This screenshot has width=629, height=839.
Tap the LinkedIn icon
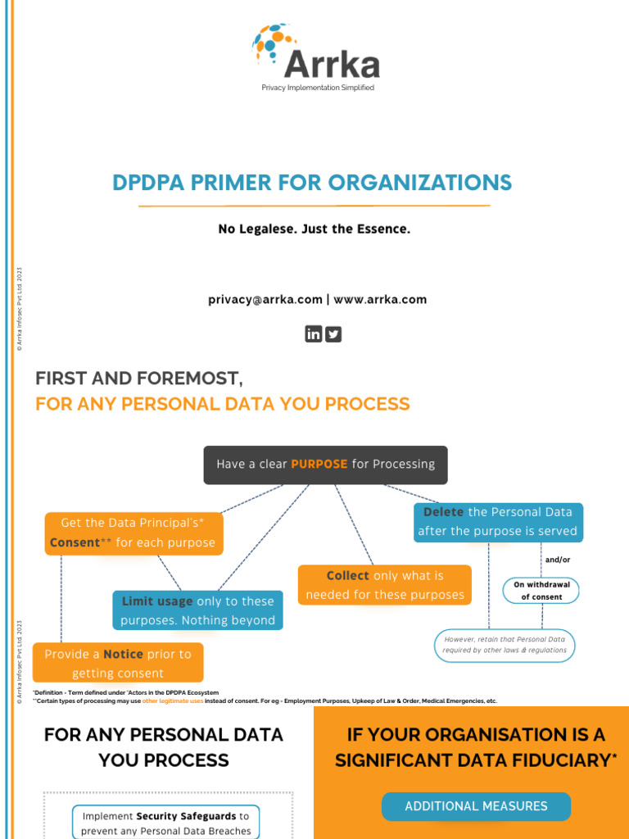pos(314,333)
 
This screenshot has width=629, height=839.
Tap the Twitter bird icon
pos(333,333)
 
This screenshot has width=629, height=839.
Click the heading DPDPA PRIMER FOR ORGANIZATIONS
pos(312,182)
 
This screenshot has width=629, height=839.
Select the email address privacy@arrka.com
pos(265,300)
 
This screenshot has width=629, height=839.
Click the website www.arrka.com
pos(380,300)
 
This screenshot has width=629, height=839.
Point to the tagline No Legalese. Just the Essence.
pos(314,229)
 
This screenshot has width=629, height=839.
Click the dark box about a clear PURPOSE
pos(325,465)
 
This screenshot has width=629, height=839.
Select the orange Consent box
pos(133,533)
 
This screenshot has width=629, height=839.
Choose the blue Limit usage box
pos(197,610)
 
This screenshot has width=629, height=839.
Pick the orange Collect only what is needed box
pos(384,585)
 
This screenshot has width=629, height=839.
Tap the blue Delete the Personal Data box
pos(498,522)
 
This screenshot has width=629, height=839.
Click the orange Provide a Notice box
pos(118,663)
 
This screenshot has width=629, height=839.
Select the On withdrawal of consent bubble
pos(541,591)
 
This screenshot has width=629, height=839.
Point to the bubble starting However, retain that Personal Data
pos(505,645)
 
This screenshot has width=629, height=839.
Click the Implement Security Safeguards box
pos(166,823)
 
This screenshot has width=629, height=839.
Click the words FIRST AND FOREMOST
pos(139,379)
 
